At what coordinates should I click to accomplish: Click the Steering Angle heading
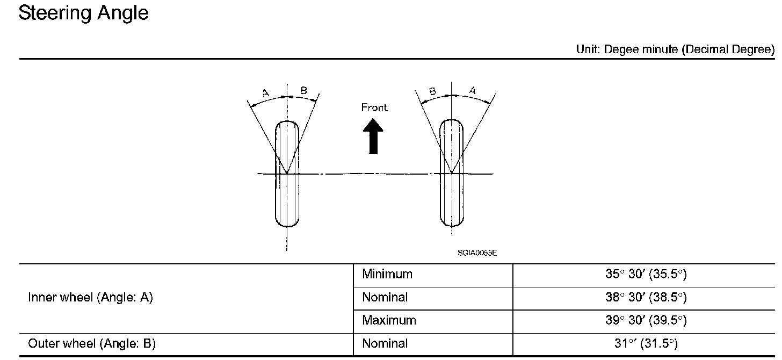tap(83, 13)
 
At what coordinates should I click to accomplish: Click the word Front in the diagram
tap(374, 107)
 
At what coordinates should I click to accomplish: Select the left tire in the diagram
tap(287, 173)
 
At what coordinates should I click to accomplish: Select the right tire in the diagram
tap(452, 173)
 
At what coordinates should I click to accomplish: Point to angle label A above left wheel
tap(265, 93)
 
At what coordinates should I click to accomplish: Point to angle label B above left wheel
tap(303, 91)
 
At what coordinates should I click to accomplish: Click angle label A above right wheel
tap(472, 91)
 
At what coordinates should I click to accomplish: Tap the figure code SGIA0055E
tap(477, 253)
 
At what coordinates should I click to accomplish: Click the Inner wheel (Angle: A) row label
tap(90, 297)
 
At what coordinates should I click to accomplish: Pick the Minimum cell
tap(387, 274)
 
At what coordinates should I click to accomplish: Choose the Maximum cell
tap(389, 320)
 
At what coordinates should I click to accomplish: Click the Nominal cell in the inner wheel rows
tap(385, 297)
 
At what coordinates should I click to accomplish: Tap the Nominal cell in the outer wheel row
tap(385, 343)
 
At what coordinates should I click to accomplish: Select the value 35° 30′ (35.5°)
tap(646, 274)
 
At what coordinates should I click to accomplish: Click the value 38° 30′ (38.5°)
tap(646, 297)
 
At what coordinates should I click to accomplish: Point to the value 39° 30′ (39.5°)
tap(646, 320)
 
